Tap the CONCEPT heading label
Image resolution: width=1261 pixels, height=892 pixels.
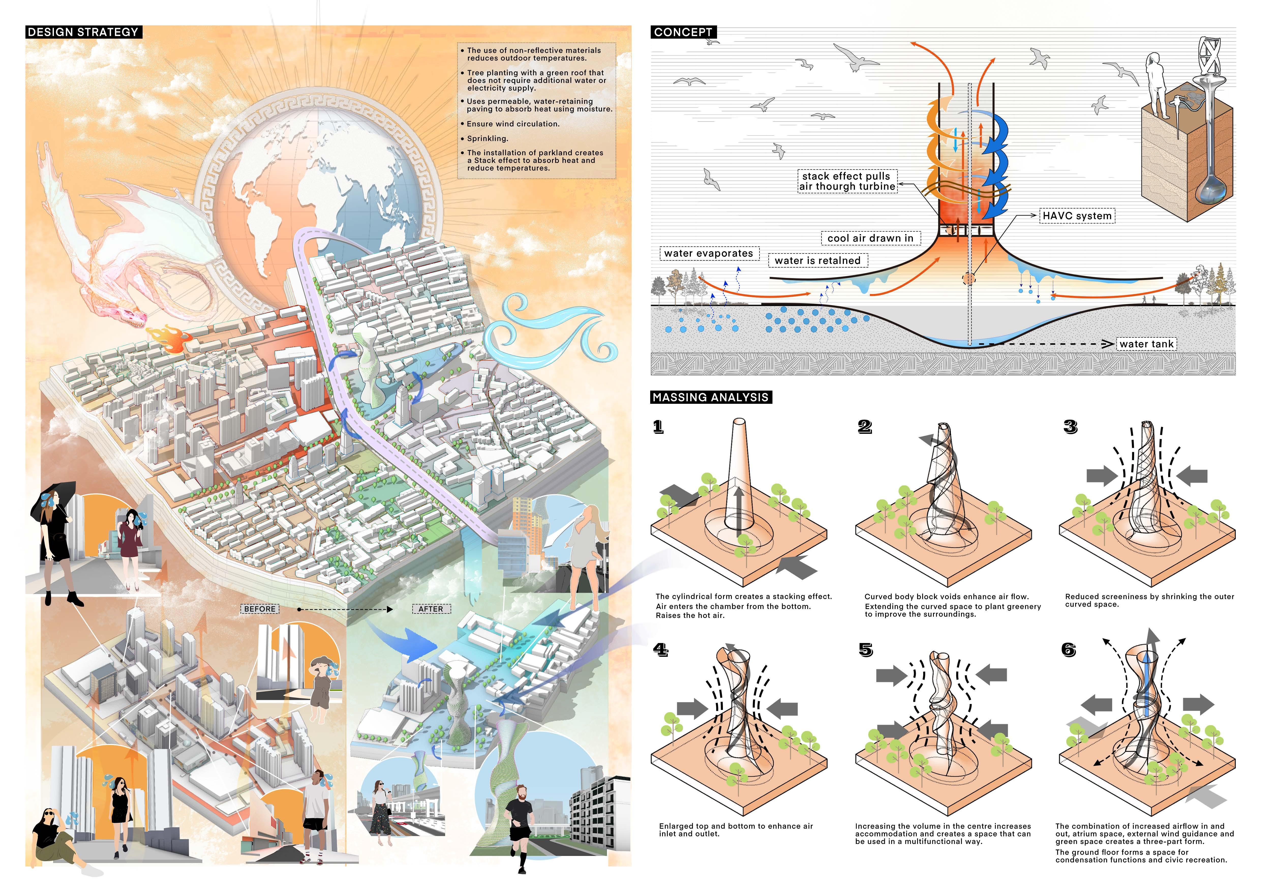683,32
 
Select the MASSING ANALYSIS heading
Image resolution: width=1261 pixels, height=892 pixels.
711,397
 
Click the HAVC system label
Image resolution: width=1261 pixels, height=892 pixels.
1077,216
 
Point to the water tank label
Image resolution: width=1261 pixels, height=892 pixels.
1146,344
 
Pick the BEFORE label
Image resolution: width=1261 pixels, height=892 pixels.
260,609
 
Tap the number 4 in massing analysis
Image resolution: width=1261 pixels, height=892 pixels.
660,650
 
